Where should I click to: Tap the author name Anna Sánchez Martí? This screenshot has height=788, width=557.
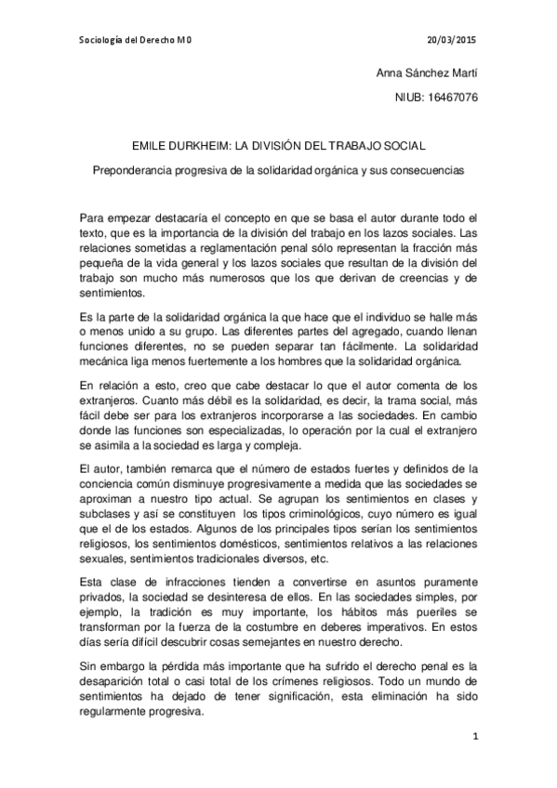(427, 72)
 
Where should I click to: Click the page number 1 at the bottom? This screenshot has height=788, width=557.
(474, 738)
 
